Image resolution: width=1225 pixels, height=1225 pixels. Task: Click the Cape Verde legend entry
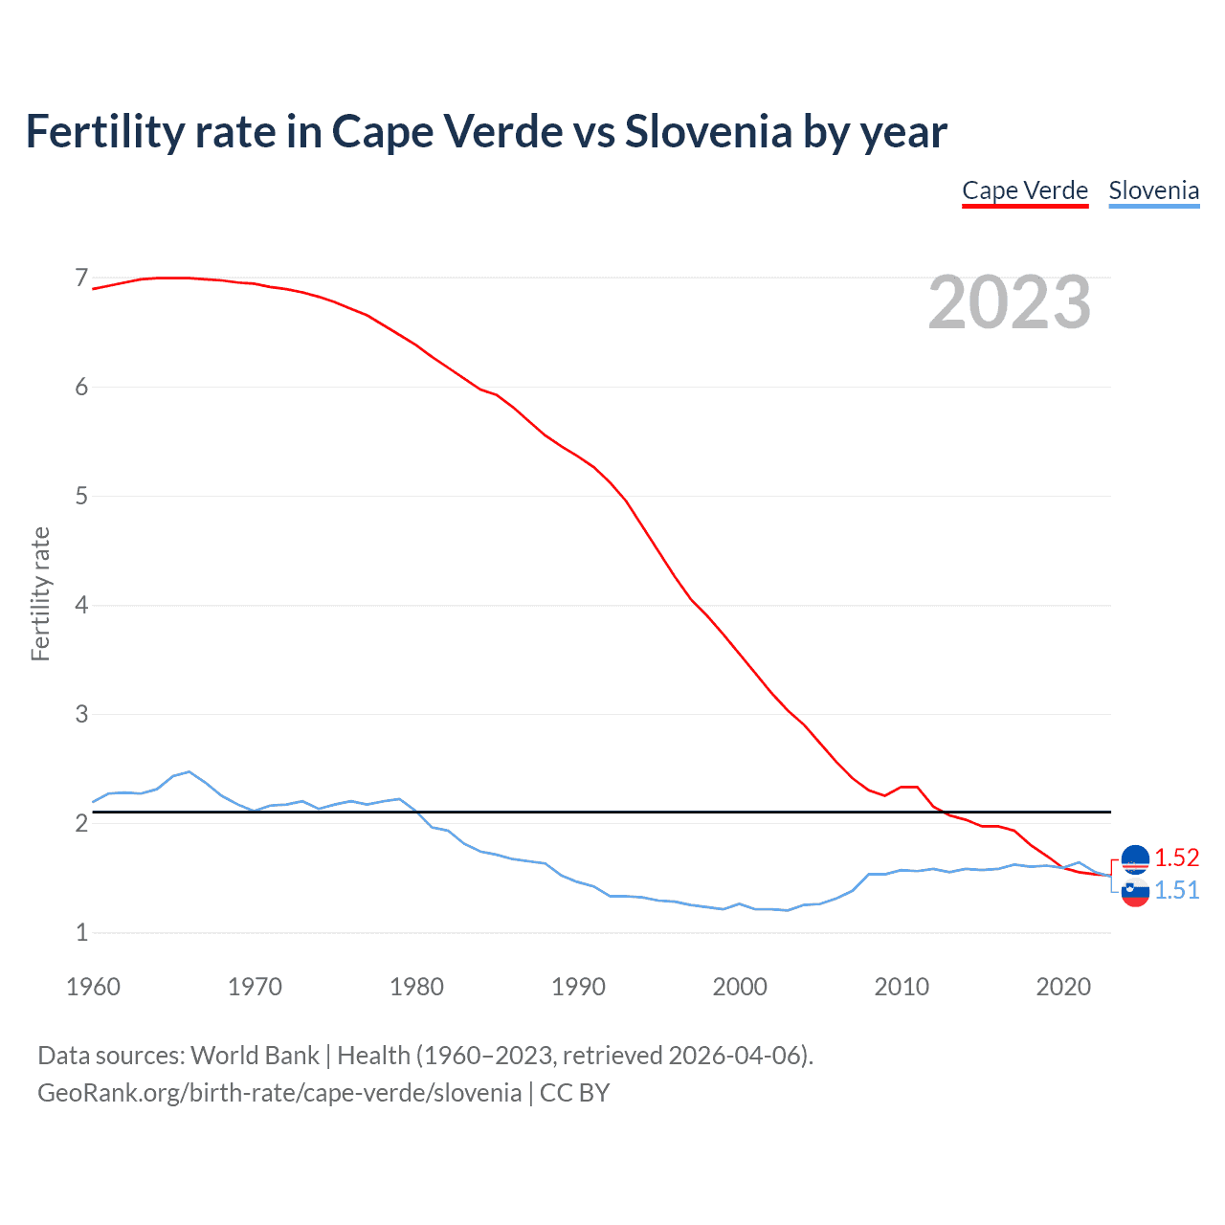[x=1025, y=190]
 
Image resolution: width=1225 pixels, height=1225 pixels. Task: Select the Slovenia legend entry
[x=1153, y=190]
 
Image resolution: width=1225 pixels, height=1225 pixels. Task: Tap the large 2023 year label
[x=1010, y=302]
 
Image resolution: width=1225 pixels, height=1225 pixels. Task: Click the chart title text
[x=486, y=131]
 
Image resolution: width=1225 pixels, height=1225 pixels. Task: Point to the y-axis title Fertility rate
[x=40, y=593]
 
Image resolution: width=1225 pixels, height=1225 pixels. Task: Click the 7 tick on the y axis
[x=81, y=278]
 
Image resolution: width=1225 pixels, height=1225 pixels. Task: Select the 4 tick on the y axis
[x=81, y=606]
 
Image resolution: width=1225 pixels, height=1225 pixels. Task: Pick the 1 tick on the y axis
[x=81, y=933]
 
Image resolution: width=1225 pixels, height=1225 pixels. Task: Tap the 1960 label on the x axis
[x=93, y=987]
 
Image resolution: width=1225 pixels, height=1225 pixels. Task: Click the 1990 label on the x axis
[x=578, y=987]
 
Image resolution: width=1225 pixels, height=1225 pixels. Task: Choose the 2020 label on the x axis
[x=1063, y=987]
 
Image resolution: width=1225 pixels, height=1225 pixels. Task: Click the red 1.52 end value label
[x=1176, y=857]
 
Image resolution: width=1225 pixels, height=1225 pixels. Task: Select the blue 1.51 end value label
[x=1176, y=890]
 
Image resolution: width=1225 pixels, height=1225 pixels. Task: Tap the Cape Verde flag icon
[x=1135, y=858]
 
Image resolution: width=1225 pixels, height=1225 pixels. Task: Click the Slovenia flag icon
[x=1135, y=892]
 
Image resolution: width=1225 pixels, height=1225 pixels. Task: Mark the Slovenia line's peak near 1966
[x=189, y=771]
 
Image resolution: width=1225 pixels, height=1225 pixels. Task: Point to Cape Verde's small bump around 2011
[x=909, y=787]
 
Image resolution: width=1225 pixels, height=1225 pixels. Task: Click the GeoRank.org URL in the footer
[x=279, y=1093]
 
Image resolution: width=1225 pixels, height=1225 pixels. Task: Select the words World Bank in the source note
[x=255, y=1056]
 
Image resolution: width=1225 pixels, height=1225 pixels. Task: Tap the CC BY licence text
[x=575, y=1093]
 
